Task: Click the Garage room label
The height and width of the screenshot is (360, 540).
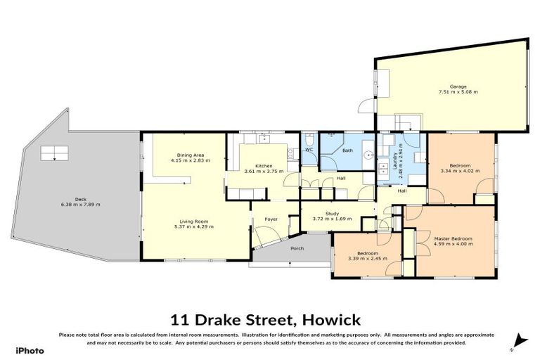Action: coord(449,86)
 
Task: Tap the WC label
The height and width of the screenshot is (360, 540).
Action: coord(309,150)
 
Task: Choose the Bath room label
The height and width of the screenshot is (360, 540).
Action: coord(347,150)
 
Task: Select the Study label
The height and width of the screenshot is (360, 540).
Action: coord(333,213)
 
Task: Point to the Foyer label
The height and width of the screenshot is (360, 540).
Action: coord(271,220)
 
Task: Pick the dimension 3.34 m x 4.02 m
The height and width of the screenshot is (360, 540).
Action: coord(455,171)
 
